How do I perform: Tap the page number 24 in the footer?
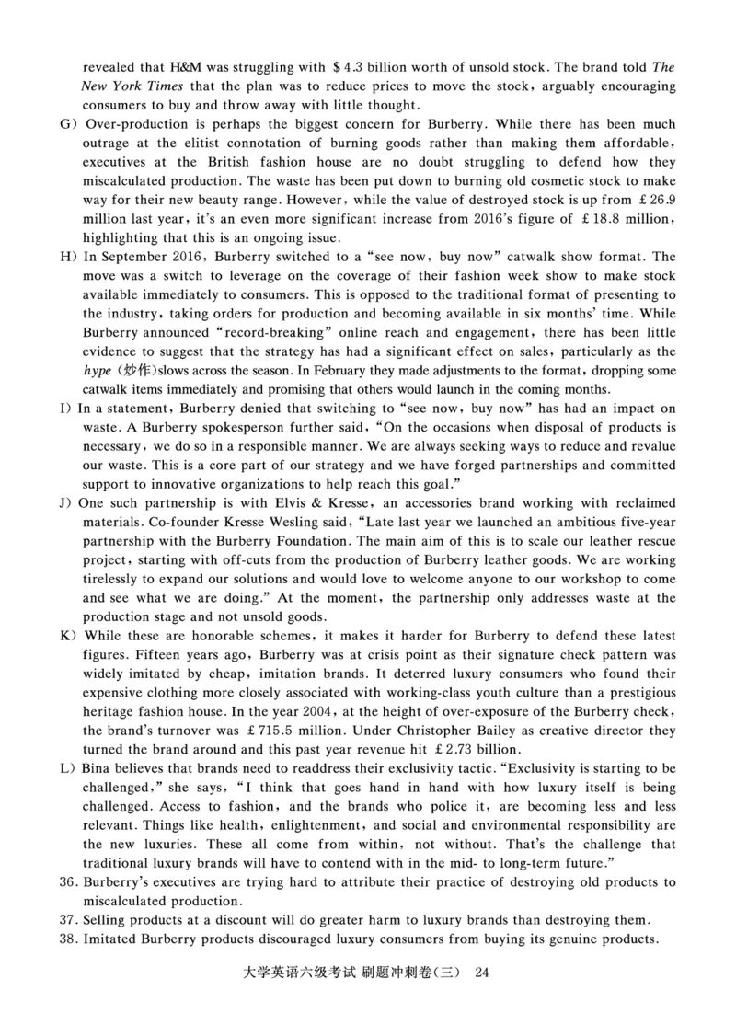(x=480, y=973)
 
